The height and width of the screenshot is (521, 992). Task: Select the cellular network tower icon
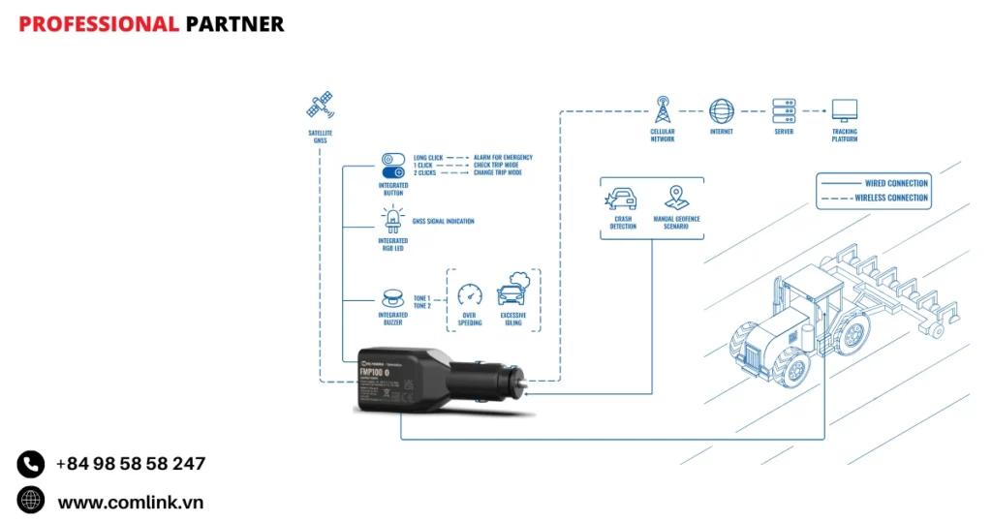[x=663, y=107]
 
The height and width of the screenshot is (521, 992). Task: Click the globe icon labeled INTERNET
[x=721, y=109]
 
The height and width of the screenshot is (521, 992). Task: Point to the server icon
[x=783, y=109]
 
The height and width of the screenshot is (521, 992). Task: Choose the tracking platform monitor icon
[x=844, y=109]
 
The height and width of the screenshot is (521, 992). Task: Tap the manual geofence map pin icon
[x=675, y=198]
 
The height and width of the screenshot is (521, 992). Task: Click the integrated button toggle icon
[x=392, y=165]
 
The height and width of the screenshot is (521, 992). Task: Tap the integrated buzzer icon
[x=392, y=297]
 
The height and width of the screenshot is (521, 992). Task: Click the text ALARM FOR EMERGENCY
[x=503, y=157]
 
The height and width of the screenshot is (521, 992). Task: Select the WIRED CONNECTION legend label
[x=896, y=183]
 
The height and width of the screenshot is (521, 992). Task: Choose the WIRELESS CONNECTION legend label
[x=891, y=198]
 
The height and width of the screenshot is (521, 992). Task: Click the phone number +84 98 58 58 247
[x=130, y=464]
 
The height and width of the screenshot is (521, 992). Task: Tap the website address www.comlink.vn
[x=130, y=502]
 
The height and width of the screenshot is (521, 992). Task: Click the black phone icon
[x=31, y=464]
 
